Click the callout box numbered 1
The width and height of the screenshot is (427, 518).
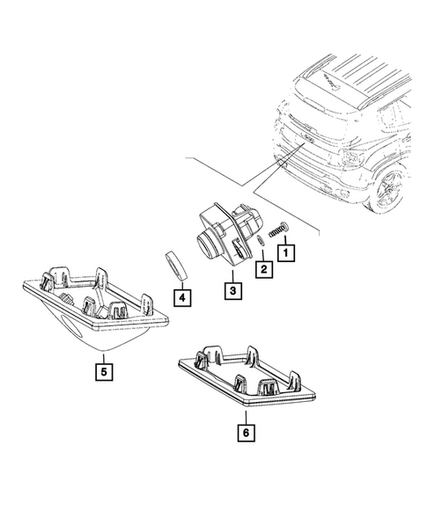tap(286, 252)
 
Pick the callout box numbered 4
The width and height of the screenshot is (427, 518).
tap(180, 299)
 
